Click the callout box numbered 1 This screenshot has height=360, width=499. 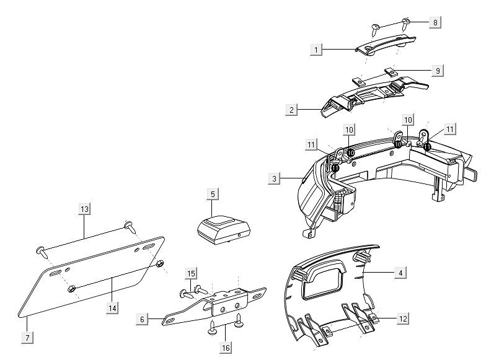click(x=316, y=48)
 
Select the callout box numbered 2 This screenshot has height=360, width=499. click(x=291, y=110)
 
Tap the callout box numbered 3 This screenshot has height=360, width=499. click(x=274, y=178)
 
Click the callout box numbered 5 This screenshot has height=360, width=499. click(x=213, y=195)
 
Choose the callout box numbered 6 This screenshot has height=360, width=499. click(x=143, y=319)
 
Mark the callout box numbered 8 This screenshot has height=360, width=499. click(x=435, y=22)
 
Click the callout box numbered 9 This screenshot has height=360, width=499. click(x=437, y=71)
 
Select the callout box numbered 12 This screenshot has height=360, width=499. click(x=403, y=319)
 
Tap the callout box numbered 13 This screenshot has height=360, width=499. click(x=85, y=209)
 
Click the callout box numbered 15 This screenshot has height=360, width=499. click(x=191, y=273)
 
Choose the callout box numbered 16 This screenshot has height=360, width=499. click(x=226, y=348)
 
